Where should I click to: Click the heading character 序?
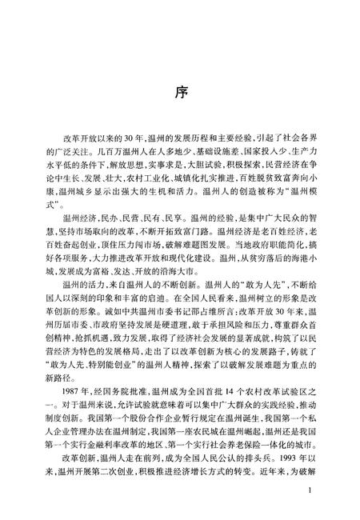click(x=180, y=90)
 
